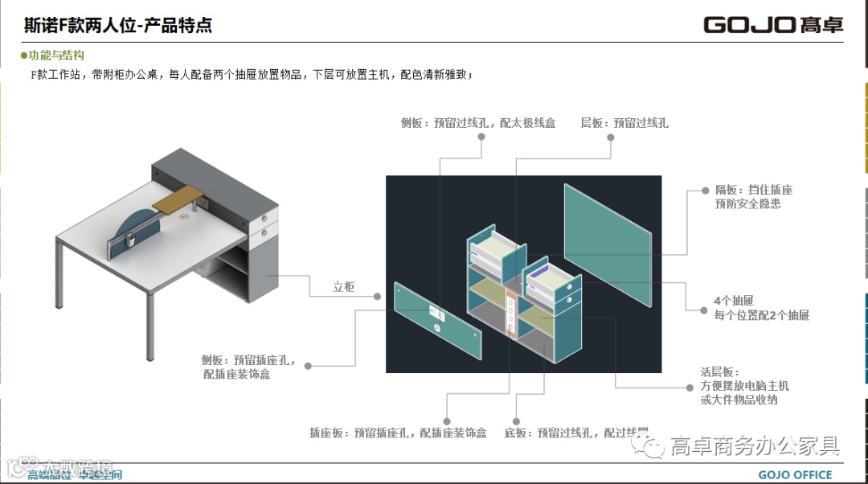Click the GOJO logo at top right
pos(773,24)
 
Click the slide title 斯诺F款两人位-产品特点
pos(118,25)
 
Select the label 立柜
pos(344,286)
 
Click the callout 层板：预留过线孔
pos(624,123)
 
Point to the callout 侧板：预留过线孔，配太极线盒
pos(478,123)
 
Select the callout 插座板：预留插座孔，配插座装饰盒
pos(398,433)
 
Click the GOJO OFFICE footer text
pos(795,474)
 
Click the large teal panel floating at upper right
pos(607,245)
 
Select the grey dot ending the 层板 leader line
pos(610,137)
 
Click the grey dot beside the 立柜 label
pos(379,296)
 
